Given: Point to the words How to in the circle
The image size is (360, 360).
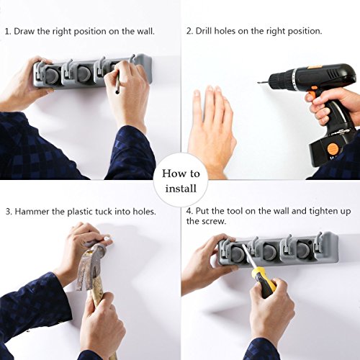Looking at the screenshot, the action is point(181,174).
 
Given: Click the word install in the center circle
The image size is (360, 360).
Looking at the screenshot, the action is point(181,189).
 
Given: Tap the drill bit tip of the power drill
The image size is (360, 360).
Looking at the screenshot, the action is point(258,83).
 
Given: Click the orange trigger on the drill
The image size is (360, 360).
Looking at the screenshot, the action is point(311,96).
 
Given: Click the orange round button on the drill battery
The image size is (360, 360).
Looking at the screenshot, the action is point(333,149).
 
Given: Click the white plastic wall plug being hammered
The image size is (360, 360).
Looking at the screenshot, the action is point(107,239).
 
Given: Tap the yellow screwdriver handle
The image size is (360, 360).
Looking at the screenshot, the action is point(266,282).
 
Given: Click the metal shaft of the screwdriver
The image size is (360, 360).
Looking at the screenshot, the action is point(249,256).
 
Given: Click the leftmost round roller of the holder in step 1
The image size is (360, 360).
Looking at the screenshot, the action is point(50,75).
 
